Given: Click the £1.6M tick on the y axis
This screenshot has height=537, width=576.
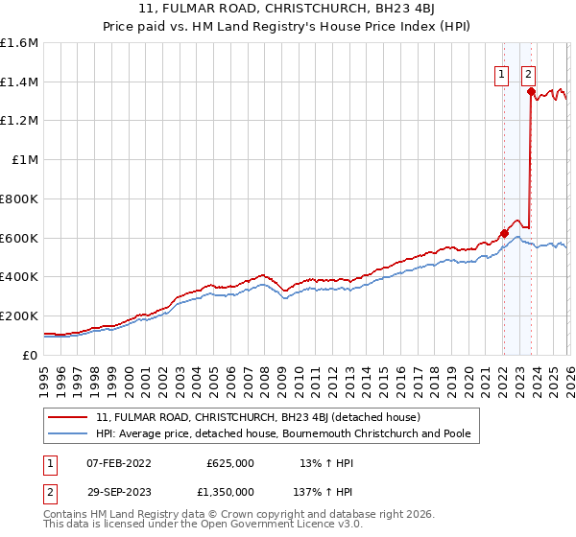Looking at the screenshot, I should coord(19,43).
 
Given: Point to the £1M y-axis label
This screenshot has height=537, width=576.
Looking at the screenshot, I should coord(24,160).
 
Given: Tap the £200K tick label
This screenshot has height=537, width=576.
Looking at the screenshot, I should coord(19,315).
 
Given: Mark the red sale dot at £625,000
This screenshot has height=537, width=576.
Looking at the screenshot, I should coord(503,233).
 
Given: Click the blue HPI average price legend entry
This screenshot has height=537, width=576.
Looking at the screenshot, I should coord(282,434).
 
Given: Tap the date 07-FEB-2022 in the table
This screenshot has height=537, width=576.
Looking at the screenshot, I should coord(119,463).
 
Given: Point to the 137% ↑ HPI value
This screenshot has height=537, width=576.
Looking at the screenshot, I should coord(313,492).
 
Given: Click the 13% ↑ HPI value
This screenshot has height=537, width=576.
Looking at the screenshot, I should coord(313,463).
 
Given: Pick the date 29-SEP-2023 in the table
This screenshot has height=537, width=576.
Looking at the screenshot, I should coord(119,492).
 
